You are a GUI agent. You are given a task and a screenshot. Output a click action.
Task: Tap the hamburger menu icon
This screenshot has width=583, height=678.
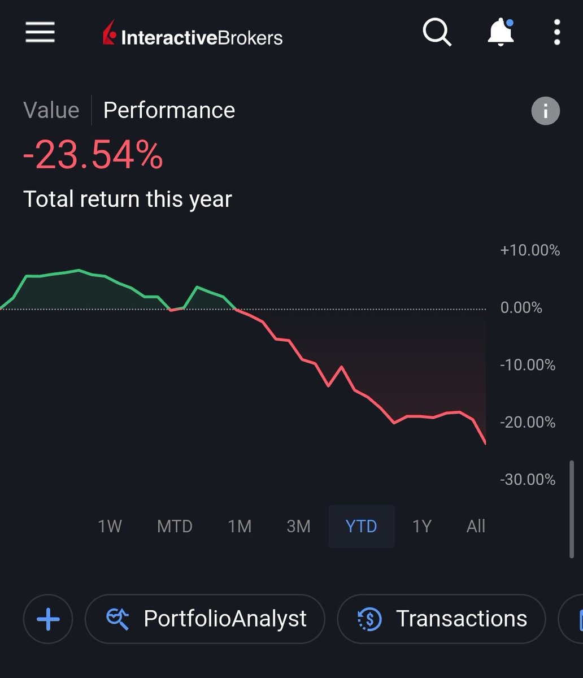pyautogui.click(x=40, y=32)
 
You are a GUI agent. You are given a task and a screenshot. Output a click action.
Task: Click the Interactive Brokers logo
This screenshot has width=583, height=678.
pyautogui.click(x=193, y=35)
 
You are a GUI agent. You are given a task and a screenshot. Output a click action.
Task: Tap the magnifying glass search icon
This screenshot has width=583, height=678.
pyautogui.click(x=437, y=32)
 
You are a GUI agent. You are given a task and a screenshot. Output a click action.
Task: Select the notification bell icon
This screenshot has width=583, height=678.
pyautogui.click(x=500, y=33)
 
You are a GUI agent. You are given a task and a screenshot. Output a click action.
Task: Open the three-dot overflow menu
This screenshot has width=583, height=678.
pyautogui.click(x=557, y=32)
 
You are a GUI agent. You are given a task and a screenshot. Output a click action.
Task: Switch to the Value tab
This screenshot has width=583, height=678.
pyautogui.click(x=51, y=110)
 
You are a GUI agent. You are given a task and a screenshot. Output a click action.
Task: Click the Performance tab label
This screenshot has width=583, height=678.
pyautogui.click(x=169, y=110)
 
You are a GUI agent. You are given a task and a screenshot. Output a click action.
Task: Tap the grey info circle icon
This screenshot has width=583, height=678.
pyautogui.click(x=545, y=111)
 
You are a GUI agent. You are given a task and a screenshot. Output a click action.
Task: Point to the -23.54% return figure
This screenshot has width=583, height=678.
pyautogui.click(x=93, y=155)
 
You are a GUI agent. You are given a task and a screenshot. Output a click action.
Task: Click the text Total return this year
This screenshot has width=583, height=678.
pyautogui.click(x=128, y=199)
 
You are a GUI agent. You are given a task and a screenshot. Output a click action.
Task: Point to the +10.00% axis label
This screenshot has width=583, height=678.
pyautogui.click(x=529, y=250)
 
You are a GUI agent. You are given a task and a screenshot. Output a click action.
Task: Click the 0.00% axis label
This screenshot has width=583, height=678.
pyautogui.click(x=521, y=308)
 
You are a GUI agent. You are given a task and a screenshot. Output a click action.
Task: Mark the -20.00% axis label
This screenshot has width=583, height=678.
pyautogui.click(x=528, y=422)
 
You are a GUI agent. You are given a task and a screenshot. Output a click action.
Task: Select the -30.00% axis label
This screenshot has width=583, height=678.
pyautogui.click(x=528, y=480)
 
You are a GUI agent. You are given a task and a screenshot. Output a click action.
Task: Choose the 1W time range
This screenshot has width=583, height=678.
pyautogui.click(x=110, y=527)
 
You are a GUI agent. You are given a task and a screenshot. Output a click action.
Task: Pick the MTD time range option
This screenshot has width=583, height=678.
pyautogui.click(x=175, y=527)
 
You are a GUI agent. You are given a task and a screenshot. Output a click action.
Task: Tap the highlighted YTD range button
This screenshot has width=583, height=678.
pyautogui.click(x=361, y=527)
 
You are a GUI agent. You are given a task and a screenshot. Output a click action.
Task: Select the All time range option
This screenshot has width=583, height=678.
pyautogui.click(x=476, y=527)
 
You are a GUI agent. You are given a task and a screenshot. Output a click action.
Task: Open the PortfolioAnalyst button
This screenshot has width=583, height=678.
pyautogui.click(x=205, y=619)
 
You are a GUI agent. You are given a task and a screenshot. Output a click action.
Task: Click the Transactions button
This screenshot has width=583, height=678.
pyautogui.click(x=441, y=619)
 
